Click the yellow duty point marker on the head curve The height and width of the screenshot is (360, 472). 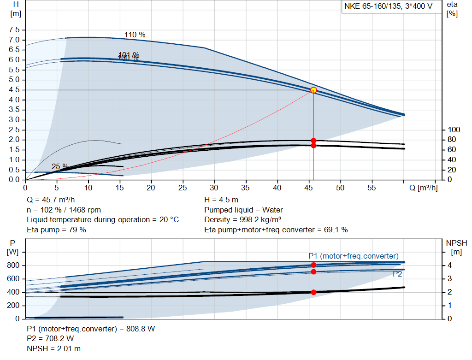coord(313,90)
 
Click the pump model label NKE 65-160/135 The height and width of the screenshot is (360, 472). coord(387,6)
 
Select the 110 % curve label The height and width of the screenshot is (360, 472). coord(135,35)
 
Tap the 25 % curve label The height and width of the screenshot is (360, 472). coord(60,166)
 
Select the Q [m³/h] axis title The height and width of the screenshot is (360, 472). coord(423,188)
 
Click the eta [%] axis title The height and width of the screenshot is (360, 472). coord(452,9)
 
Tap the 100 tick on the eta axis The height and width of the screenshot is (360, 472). coord(454,130)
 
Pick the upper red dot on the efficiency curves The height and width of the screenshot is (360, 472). coord(313,141)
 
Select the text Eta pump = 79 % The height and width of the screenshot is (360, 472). coord(56,229)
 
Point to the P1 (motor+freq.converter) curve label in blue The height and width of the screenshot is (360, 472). coord(353,256)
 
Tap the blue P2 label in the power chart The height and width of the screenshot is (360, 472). coord(398,274)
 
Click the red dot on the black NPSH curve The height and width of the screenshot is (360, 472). coord(313,292)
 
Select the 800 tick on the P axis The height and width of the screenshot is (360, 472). coord(14,266)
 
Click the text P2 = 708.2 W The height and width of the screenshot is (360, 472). coord(50,339)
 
